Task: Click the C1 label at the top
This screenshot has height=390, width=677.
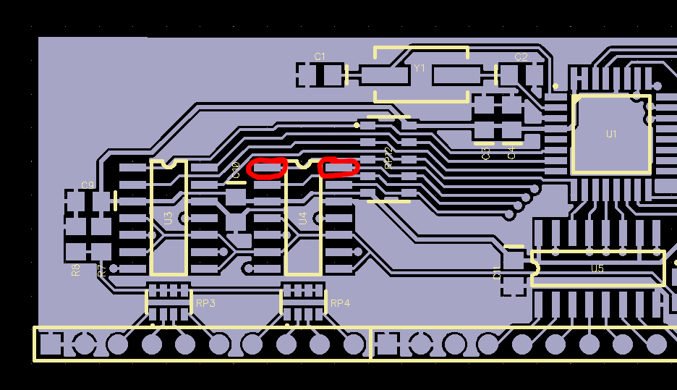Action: point(320,56)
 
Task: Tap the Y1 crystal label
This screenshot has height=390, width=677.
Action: point(420,68)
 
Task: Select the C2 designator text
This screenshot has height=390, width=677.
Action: point(521,56)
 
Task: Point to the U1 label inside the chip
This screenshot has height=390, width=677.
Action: point(612,134)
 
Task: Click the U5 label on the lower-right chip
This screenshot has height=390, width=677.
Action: point(597,268)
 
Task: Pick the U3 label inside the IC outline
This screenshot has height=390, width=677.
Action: point(169,218)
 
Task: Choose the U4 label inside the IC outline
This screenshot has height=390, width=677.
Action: point(303,218)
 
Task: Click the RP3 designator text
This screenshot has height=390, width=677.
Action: point(205,303)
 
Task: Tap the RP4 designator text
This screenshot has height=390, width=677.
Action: point(340,303)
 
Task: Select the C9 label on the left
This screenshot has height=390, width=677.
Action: point(88,185)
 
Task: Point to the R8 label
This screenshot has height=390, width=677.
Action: point(76,270)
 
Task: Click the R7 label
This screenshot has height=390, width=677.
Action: point(102,270)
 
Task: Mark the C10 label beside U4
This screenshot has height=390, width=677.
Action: point(236,170)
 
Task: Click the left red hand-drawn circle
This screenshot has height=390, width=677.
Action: point(267,168)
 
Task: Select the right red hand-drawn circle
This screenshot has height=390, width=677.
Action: point(338,167)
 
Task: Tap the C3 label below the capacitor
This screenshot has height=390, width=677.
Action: point(486,153)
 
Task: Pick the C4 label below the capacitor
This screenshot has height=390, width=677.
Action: point(512,153)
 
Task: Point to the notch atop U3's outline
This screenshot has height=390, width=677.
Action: point(169,163)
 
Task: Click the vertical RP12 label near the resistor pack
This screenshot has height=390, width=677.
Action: point(388,158)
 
